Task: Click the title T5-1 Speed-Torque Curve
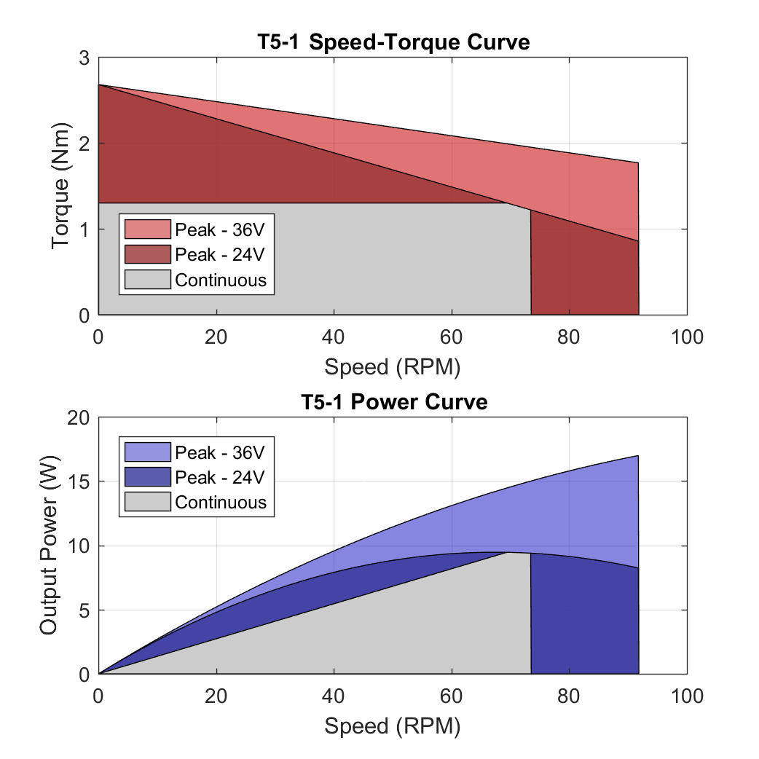(x=393, y=42)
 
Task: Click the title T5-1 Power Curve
(x=393, y=401)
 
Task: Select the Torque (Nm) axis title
(x=62, y=186)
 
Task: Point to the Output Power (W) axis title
(x=49, y=546)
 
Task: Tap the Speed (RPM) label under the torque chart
(x=393, y=366)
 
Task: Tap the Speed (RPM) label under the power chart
(x=393, y=725)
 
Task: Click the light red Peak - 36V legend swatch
(x=147, y=229)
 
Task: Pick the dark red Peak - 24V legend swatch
(x=147, y=254)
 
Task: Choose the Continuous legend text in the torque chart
(x=221, y=280)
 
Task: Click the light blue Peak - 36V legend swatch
(x=147, y=452)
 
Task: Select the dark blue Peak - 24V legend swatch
(x=147, y=477)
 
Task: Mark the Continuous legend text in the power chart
(x=221, y=503)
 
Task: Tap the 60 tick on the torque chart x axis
(x=452, y=337)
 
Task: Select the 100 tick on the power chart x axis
(x=686, y=696)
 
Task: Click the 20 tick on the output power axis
(x=79, y=417)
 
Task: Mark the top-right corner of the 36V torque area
(x=638, y=162)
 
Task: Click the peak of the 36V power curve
(x=638, y=456)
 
